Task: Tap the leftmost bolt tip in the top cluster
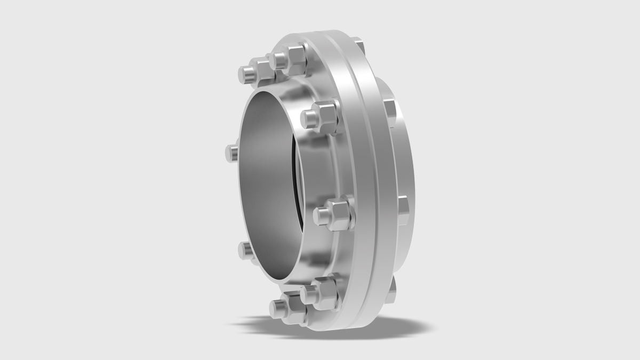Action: [245, 73]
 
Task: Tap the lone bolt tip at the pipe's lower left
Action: [245, 250]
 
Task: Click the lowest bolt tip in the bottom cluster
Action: [279, 308]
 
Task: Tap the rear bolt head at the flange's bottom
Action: [392, 285]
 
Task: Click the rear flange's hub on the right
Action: [397, 160]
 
